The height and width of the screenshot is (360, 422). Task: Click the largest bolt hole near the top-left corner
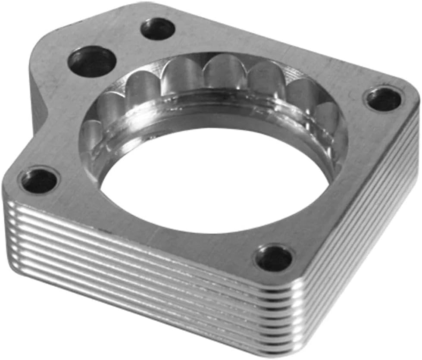tap(92, 62)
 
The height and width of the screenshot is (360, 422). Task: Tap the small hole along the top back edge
tap(158, 29)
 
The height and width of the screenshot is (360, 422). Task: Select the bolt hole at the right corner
tap(383, 100)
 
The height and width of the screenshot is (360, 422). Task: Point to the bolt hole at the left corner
tap(39, 181)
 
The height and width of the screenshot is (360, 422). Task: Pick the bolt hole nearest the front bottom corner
tap(274, 259)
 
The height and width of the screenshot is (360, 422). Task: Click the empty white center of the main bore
tap(216, 181)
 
